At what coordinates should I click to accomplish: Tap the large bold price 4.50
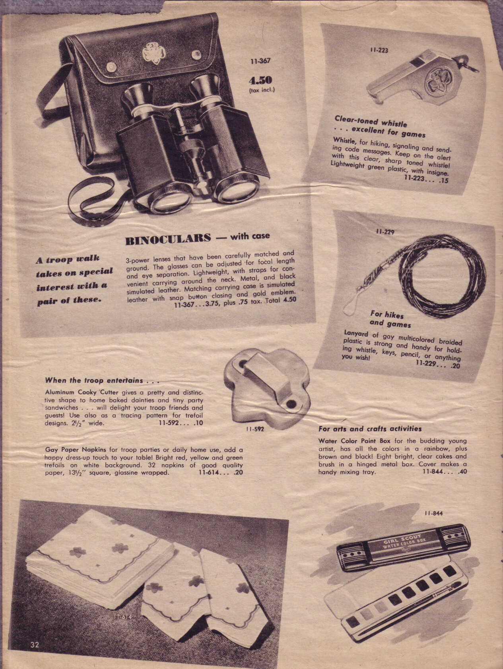[260, 80]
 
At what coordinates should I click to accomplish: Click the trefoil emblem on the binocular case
[153, 53]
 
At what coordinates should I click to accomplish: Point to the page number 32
[35, 645]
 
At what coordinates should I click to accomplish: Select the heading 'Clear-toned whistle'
[371, 121]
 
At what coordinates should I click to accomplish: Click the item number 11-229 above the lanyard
[384, 231]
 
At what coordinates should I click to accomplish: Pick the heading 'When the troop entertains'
[102, 381]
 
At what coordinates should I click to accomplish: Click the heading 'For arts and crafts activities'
[370, 429]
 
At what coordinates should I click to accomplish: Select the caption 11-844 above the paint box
[433, 513]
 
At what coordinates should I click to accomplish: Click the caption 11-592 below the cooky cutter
[254, 429]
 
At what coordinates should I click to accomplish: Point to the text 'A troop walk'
[68, 259]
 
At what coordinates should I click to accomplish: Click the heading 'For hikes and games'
[391, 319]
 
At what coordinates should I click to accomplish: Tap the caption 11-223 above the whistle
[379, 51]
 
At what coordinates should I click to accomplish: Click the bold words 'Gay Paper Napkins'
[76, 450]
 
